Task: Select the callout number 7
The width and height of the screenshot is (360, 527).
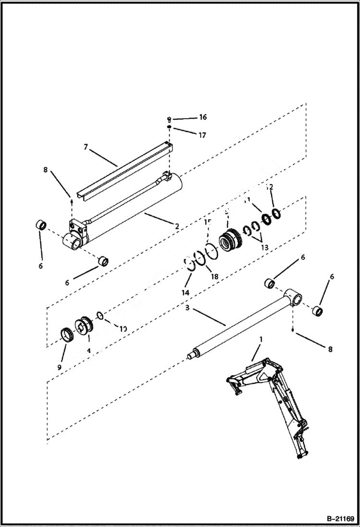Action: tap(86, 147)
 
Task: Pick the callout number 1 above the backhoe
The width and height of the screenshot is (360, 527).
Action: tap(261, 339)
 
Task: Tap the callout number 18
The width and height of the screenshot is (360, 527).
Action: tap(214, 277)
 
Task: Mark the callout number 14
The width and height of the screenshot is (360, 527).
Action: tap(186, 293)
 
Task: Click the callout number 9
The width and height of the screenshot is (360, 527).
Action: tap(59, 367)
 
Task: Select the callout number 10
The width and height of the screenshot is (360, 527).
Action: tap(123, 329)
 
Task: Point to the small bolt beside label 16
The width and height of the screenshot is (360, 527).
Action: tap(169, 119)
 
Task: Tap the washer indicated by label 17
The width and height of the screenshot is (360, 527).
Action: tap(170, 127)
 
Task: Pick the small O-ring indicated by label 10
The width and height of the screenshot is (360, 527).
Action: tap(99, 316)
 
